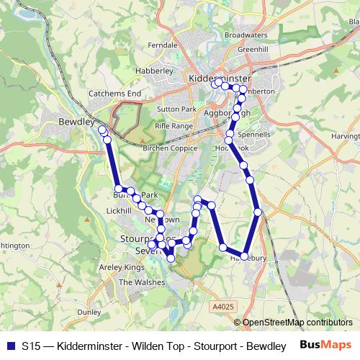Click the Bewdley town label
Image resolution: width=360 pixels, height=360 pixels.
[76, 122]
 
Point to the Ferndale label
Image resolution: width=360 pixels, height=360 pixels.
[162, 45]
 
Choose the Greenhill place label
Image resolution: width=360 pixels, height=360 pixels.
[253, 48]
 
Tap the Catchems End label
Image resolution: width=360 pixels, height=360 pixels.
[114, 94]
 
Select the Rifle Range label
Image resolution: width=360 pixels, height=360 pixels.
[174, 125]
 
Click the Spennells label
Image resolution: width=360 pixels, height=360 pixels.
[254, 134]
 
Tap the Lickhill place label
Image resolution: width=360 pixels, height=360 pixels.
[119, 210]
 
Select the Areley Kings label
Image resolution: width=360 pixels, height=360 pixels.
[125, 267]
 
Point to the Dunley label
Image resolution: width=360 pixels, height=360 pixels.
[89, 312]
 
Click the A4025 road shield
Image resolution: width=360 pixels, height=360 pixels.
[223, 307]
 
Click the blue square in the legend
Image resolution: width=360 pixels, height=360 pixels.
[11, 346]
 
